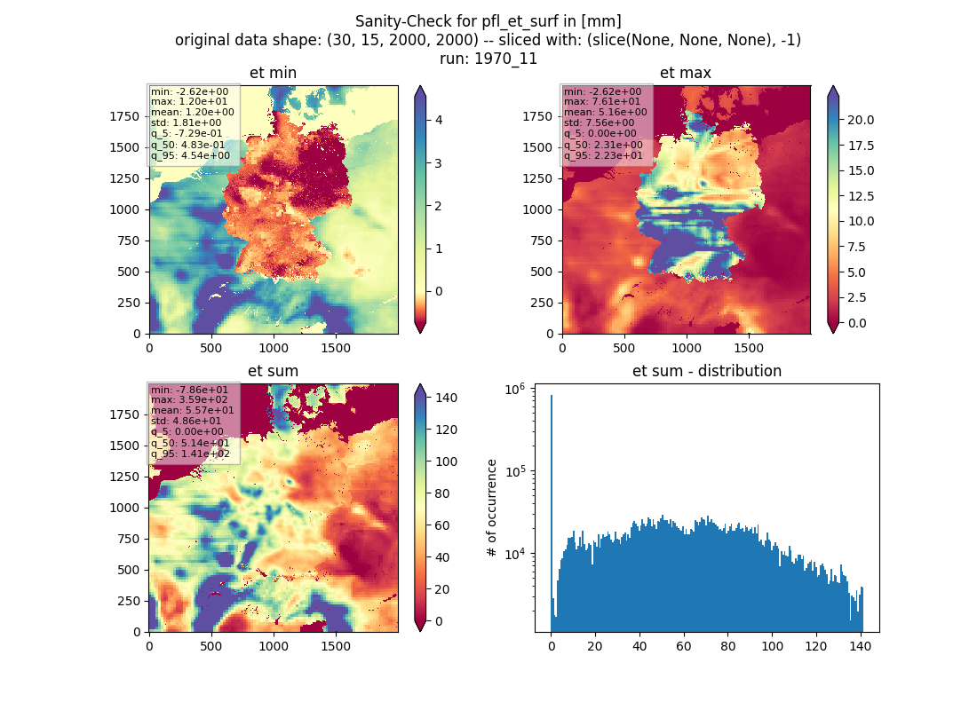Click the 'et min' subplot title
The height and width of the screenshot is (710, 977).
(273, 73)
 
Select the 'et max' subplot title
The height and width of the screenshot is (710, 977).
(686, 73)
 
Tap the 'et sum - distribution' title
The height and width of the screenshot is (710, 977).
(707, 371)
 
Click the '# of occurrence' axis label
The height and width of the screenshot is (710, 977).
(492, 509)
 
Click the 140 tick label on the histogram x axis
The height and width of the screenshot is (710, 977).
(861, 646)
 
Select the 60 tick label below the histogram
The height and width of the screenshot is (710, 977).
(684, 646)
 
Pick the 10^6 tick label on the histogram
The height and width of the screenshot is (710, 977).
(515, 390)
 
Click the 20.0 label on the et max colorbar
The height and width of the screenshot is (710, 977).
(861, 120)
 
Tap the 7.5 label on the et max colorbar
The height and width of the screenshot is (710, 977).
(857, 247)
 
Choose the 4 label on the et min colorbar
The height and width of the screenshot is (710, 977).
(439, 120)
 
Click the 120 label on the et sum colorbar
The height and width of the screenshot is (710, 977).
(446, 430)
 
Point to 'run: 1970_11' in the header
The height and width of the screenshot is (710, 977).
(488, 59)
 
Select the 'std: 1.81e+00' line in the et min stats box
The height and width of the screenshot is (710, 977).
(186, 122)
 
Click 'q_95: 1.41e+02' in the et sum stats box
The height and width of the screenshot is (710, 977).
(190, 454)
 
